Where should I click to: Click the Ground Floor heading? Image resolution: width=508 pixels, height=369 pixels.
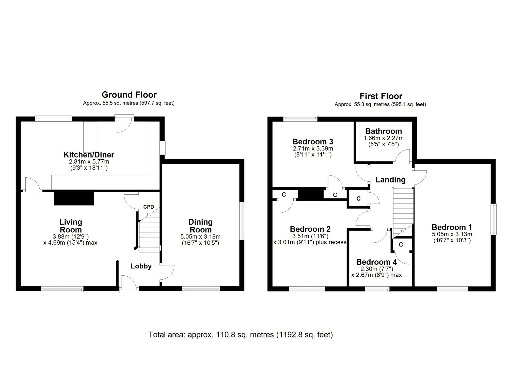pos(129,95)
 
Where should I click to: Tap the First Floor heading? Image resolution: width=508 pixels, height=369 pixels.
pos(381,96)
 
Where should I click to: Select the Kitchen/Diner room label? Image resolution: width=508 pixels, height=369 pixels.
pos(89,155)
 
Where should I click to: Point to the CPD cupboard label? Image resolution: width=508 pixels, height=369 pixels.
pos(149,207)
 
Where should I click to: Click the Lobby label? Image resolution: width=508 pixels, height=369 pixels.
pos(141,266)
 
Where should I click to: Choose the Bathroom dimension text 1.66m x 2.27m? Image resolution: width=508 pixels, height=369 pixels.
pos(384,138)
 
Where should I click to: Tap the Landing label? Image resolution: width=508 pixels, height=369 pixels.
pos(390,180)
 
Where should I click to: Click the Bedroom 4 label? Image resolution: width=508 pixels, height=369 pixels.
pos(376,262)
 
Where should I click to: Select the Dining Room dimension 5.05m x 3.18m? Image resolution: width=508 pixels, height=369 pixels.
pos(200,237)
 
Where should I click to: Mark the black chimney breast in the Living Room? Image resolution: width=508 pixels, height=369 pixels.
pos(74,198)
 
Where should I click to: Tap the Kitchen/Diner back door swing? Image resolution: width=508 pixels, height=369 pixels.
pos(124,124)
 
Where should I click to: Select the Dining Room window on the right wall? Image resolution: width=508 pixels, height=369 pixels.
pos(243,221)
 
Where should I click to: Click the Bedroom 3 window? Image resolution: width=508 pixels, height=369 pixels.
pos(300,118)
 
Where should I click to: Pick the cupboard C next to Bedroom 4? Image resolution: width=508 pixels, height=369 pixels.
pos(401,245)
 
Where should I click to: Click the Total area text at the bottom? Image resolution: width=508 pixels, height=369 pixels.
pos(241,335)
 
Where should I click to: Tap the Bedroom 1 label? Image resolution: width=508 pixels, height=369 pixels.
pos(452,227)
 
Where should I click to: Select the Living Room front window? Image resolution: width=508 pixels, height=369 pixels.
pos(62,289)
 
